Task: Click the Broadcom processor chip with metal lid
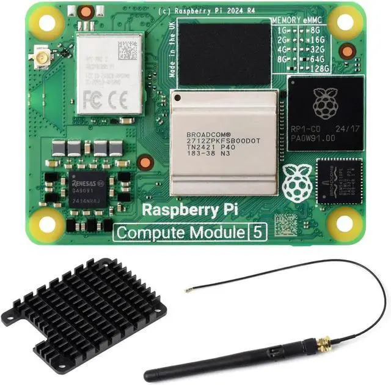pyautogui.click(x=224, y=143)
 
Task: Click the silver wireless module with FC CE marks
pyautogui.click(x=110, y=74)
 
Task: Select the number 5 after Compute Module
pyautogui.click(x=258, y=233)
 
